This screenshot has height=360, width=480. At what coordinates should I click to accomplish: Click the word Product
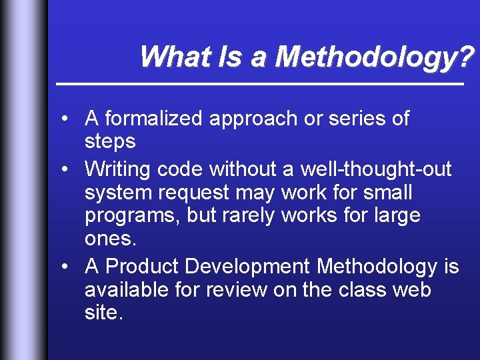click(x=143, y=267)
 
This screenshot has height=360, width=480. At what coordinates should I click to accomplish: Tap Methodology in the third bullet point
click(x=377, y=267)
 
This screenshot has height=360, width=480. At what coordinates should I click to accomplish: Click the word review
click(x=234, y=290)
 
